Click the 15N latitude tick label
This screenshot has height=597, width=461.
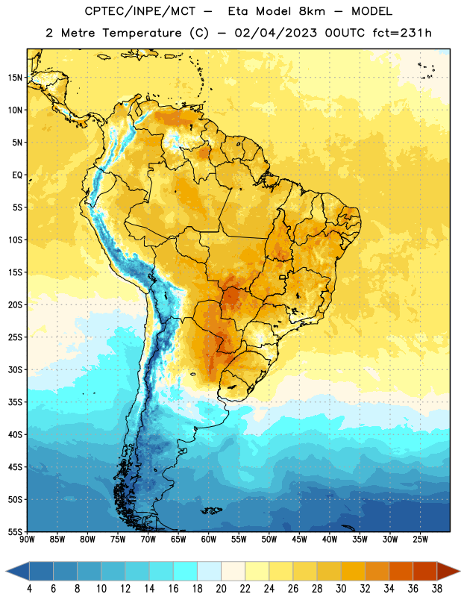pyautogui.click(x=15, y=78)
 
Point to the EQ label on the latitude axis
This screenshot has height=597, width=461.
pyautogui.click(x=17, y=175)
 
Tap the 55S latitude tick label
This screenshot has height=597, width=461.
pyautogui.click(x=15, y=532)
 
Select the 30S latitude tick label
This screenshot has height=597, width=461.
pyautogui.click(x=15, y=369)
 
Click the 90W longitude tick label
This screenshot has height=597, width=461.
pyautogui.click(x=27, y=540)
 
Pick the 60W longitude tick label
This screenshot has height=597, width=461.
pyautogui.click(x=209, y=540)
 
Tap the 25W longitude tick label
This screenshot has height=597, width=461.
pyautogui.click(x=420, y=540)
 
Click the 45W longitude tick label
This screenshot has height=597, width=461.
pyautogui.click(x=300, y=540)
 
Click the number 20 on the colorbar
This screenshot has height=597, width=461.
pyautogui.click(x=221, y=589)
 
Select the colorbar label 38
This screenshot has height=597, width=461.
pyautogui.click(x=437, y=589)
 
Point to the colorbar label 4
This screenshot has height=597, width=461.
pyautogui.click(x=29, y=589)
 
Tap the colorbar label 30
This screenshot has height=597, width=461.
pyautogui.click(x=341, y=589)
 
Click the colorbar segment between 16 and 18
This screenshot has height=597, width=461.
pyautogui.click(x=186, y=571)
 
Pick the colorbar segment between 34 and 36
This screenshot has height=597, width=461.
pyautogui.click(x=401, y=571)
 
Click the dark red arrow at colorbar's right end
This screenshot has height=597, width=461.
pyautogui.click(x=448, y=571)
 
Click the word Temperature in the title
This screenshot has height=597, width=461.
pyautogui.click(x=142, y=33)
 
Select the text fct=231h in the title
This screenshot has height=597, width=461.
pyautogui.click(x=402, y=33)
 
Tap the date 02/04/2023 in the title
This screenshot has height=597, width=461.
pyautogui.click(x=275, y=33)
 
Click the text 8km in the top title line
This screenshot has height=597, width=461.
pyautogui.click(x=312, y=11)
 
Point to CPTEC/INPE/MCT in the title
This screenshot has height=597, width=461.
pyautogui.click(x=140, y=11)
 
